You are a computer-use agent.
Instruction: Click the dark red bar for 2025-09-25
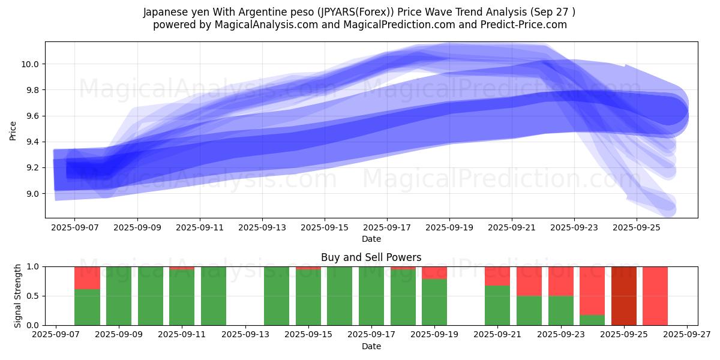(x=623, y=296)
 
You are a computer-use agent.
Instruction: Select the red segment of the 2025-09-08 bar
(x=87, y=278)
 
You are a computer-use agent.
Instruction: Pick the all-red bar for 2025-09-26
(x=655, y=296)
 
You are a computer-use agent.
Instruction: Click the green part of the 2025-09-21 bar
(x=497, y=305)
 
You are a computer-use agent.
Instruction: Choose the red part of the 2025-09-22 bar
(x=529, y=281)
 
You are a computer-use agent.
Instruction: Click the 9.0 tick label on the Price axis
(x=31, y=194)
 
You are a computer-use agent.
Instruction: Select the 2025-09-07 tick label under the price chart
(x=74, y=228)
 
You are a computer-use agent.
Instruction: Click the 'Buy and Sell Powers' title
(x=371, y=257)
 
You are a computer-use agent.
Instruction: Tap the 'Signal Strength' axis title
(x=18, y=296)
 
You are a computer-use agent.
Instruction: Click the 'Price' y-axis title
(x=13, y=130)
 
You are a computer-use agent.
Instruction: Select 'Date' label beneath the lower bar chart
(x=371, y=346)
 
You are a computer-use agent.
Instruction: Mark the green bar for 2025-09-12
(x=214, y=296)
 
